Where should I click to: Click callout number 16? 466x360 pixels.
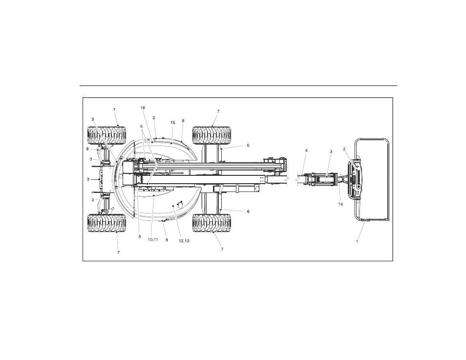tap(143, 107)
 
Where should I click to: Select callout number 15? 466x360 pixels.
tap(172, 123)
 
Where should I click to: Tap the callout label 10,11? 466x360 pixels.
tap(153, 240)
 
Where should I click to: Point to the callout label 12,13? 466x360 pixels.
tap(184, 241)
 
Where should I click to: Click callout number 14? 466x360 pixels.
tap(340, 204)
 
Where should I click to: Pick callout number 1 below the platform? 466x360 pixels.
tap(357, 241)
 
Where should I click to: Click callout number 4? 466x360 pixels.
tap(306, 150)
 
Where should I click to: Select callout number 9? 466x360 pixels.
tap(87, 149)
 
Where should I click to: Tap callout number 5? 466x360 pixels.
tap(142, 126)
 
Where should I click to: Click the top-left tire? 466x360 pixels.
tap(106, 136)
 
